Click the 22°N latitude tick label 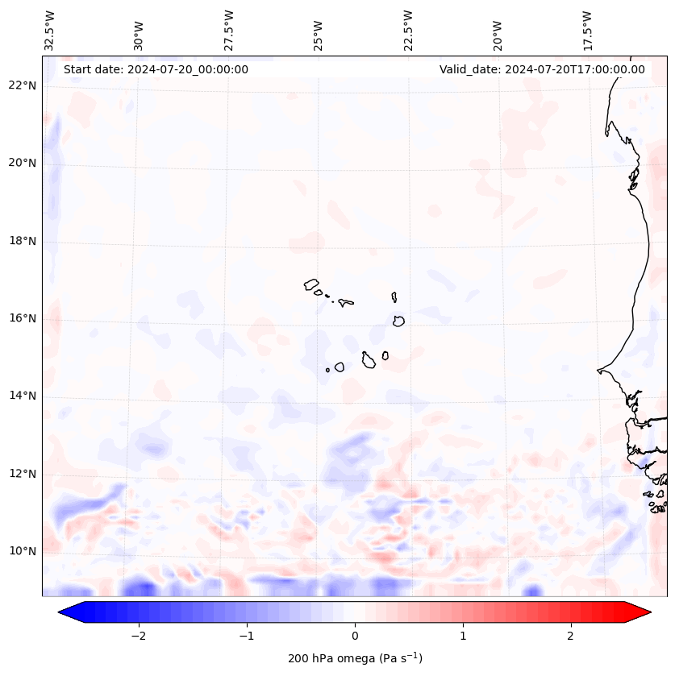coord(23,85)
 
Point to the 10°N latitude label coord(23,551)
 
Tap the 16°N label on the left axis coord(23,318)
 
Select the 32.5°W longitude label coord(50,31)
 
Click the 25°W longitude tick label coord(319,35)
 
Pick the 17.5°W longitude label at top coord(587,31)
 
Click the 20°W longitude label coord(498,35)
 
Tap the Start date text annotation coord(156,69)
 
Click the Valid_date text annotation coord(542,69)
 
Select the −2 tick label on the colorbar coord(137,635)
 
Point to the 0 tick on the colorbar coord(355,635)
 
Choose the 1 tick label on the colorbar coord(463,635)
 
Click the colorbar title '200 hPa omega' coord(355,658)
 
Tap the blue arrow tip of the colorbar coord(65,612)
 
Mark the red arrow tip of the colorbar coord(645,612)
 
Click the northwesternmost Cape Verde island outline coord(311,284)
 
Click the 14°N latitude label coord(23,396)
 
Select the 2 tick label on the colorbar coord(571,635)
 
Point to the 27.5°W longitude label coord(229,31)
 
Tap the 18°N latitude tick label coord(23,241)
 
